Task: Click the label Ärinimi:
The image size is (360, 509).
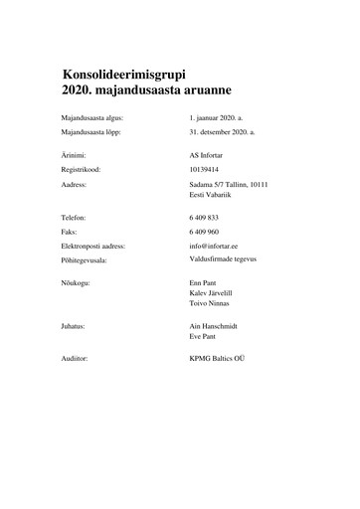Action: (74, 156)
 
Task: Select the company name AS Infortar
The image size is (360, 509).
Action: (208, 156)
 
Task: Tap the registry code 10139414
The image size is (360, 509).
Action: (205, 170)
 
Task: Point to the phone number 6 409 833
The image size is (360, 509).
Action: (204, 217)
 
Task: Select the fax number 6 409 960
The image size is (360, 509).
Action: (204, 231)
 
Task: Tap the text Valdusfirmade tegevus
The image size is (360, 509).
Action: (224, 256)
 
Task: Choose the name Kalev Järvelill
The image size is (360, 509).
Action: (212, 294)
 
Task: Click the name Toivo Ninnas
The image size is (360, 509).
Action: (210, 304)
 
